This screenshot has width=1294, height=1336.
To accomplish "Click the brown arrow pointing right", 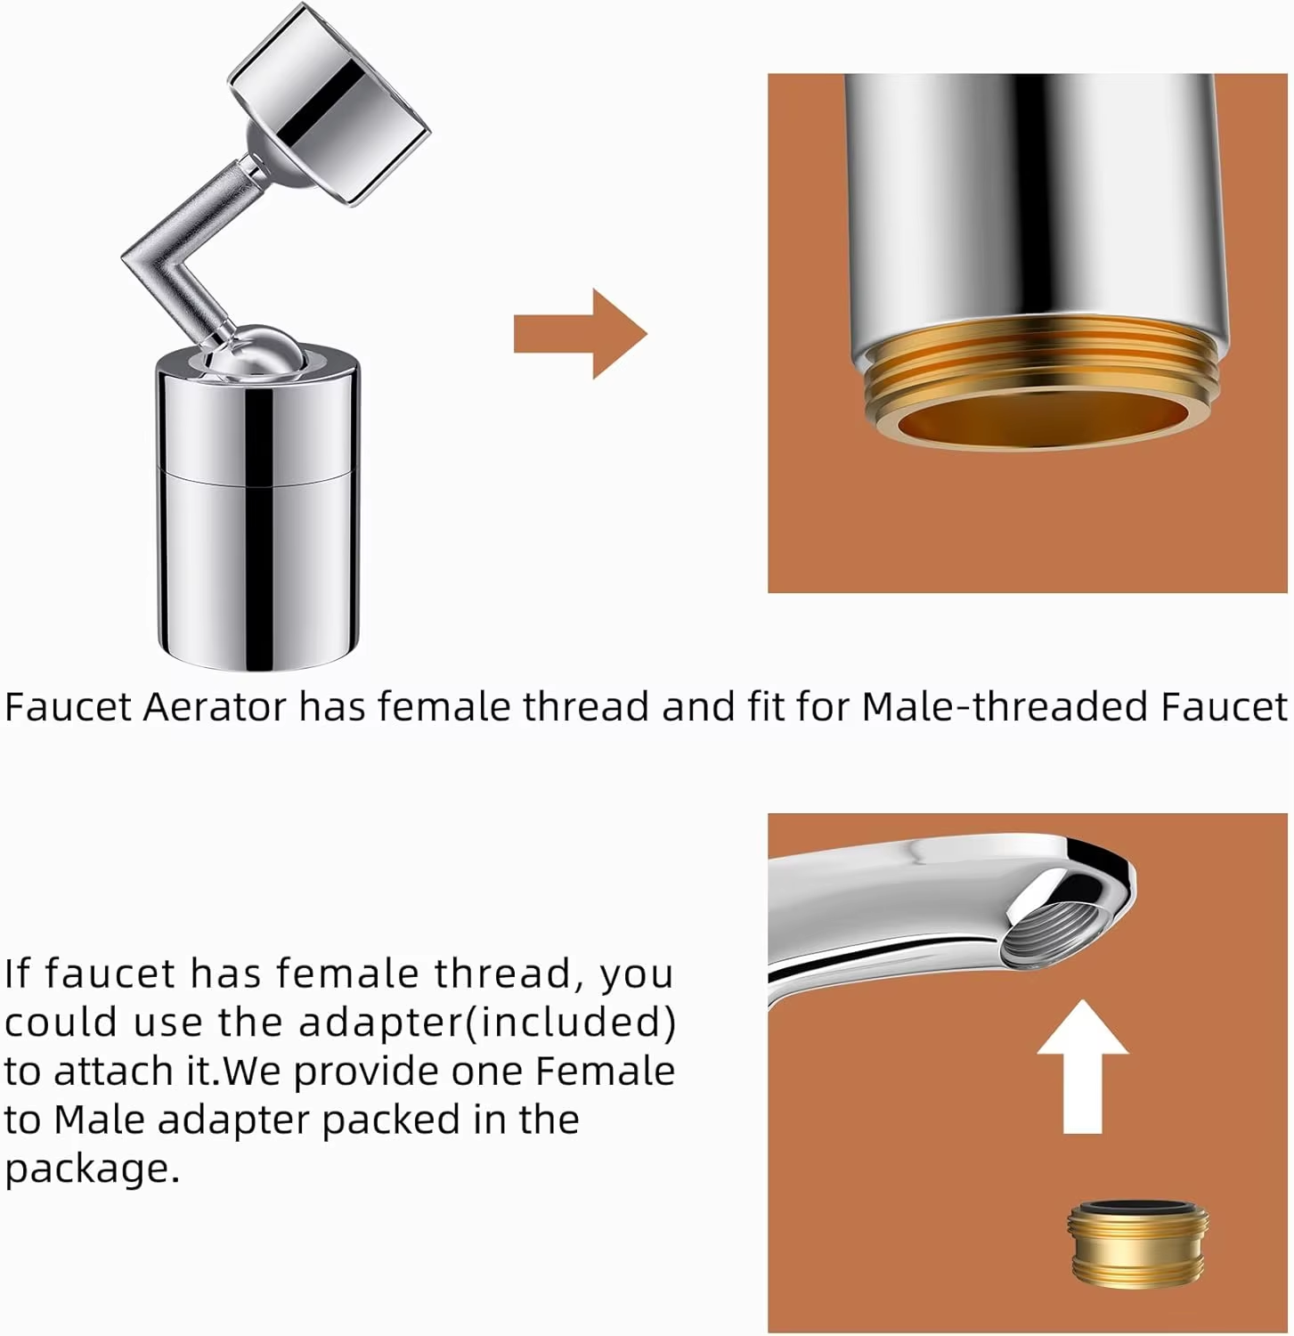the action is (x=580, y=334).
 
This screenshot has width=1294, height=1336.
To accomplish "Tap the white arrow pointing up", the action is (x=1083, y=1066).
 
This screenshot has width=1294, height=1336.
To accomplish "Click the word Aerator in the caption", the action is (x=215, y=707).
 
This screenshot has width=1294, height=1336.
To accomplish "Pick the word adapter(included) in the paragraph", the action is (x=487, y=1022).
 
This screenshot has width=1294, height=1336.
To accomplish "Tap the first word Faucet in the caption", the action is (x=69, y=707).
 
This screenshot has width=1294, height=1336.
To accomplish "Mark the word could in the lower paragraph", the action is (x=61, y=1022).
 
